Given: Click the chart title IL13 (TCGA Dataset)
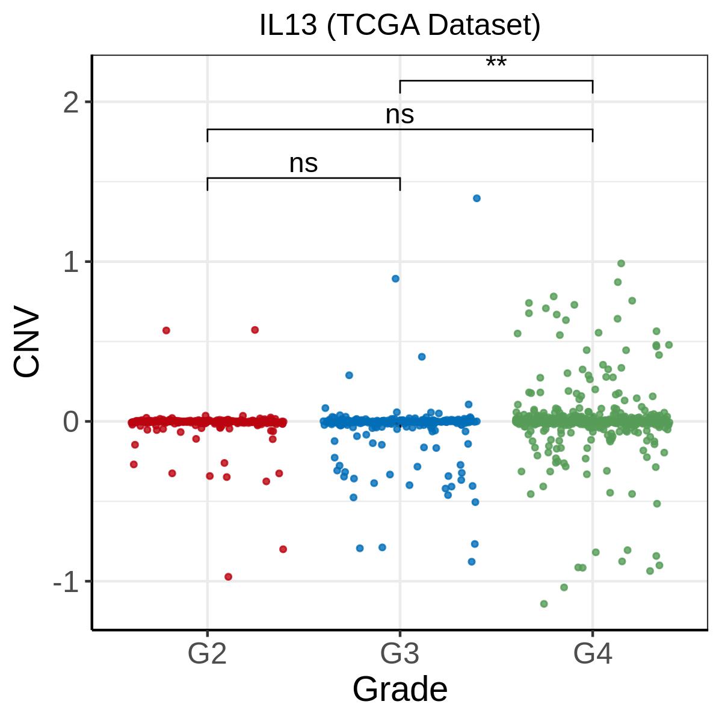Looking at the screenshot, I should coord(400,26).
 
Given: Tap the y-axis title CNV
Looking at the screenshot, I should coord(28,344).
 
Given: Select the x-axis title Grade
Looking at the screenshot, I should coord(400,689).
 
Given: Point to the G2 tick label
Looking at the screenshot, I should coord(207,654).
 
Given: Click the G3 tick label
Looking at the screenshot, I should coord(400,654).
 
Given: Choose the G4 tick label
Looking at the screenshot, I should coord(593,654).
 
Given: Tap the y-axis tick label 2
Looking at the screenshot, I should coord(72,103).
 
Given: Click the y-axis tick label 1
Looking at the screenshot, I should coord(72,262).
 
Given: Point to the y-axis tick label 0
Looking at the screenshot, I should coord(72,422).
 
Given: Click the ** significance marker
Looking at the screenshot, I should coord(496,63).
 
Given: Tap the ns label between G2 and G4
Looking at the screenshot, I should coord(400,114).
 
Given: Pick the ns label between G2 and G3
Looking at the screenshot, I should coord(303,163).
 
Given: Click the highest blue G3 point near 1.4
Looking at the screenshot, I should coord(477,198).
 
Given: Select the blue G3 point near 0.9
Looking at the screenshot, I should coord(395,279).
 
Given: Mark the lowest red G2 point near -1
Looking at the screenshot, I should coord(228,576).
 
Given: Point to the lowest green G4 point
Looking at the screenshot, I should coord(544,603).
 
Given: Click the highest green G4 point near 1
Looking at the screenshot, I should coord(621,263).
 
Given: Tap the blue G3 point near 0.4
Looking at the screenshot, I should coord(422,357).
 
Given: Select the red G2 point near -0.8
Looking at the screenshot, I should coord(283,549).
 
